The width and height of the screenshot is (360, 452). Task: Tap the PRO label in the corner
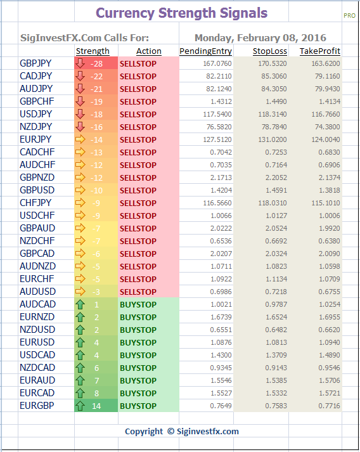tap(349, 16)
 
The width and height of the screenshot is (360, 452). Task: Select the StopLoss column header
tap(270, 51)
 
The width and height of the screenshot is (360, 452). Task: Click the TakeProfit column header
tap(320, 51)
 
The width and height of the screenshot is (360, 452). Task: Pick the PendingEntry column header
tap(205, 51)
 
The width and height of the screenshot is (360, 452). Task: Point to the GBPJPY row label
tap(35, 63)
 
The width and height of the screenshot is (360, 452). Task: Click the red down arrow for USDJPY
tap(80, 114)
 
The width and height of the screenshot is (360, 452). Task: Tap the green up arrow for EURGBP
tap(80, 406)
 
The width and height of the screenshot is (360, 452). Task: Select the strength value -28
tap(96, 63)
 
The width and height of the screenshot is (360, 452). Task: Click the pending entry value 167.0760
tap(217, 63)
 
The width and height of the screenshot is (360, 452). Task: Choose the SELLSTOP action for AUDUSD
tap(138, 292)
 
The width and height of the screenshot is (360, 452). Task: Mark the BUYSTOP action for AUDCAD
tap(138, 305)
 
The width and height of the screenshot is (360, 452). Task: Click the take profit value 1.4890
tap(330, 355)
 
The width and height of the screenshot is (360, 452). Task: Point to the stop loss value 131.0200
tap(273, 139)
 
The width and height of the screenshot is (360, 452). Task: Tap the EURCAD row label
tap(37, 393)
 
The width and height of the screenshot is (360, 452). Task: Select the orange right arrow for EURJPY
tap(80, 139)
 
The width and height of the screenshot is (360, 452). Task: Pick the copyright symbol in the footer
tap(171, 431)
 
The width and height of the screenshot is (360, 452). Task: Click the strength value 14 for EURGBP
tap(96, 406)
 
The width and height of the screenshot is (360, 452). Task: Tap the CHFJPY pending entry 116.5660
tap(217, 203)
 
